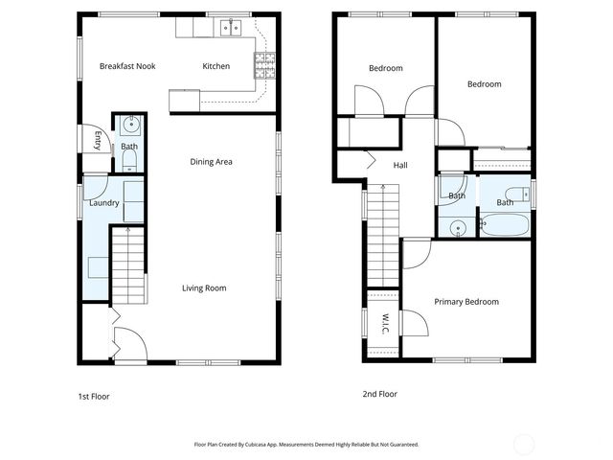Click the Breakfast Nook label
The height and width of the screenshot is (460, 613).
pyautogui.click(x=127, y=66)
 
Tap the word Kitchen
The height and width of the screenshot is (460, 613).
pyautogui.click(x=216, y=66)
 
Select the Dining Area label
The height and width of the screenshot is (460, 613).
pyautogui.click(x=211, y=162)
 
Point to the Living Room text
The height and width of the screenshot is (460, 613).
pyautogui.click(x=204, y=287)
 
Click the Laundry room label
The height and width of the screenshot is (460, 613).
pyautogui.click(x=103, y=203)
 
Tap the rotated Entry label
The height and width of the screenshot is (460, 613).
pyautogui.click(x=98, y=140)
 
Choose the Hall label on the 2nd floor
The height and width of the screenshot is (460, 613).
pyautogui.click(x=400, y=166)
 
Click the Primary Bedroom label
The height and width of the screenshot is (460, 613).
pyautogui.click(x=466, y=302)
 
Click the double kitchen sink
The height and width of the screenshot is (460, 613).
pyautogui.click(x=229, y=28)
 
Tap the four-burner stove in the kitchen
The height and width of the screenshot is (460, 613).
pyautogui.click(x=264, y=64)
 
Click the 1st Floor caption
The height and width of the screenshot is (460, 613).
pyautogui.click(x=94, y=395)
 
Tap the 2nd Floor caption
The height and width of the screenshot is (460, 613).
pyautogui.click(x=379, y=394)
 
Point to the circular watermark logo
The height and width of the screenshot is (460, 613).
pyautogui.click(x=524, y=444)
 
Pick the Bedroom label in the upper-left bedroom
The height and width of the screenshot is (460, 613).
pyautogui.click(x=386, y=68)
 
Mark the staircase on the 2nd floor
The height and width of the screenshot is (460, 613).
pyautogui.click(x=382, y=230)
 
